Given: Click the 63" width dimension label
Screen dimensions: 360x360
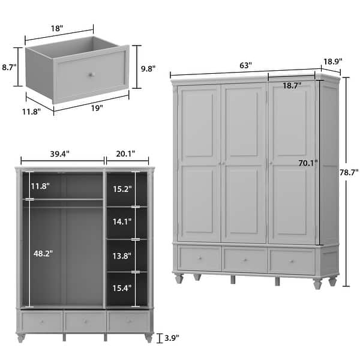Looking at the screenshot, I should coord(247,65).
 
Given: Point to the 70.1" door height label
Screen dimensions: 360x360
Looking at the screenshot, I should coord(308,162).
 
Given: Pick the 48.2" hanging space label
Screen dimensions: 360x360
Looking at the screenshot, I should coord(43,253).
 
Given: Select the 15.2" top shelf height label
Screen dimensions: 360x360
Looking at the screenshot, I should coord(122,189).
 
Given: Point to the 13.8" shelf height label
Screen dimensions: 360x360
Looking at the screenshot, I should coord(122,256).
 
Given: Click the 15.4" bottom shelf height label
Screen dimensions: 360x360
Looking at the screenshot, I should coord(122,289).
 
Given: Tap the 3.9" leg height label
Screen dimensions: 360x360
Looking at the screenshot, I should coord(170,338).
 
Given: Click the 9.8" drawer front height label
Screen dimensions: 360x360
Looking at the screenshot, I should coord(146,68).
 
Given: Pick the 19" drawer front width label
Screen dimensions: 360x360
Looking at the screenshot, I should coord(97,108).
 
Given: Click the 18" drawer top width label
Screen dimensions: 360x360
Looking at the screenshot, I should coord(58,27).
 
